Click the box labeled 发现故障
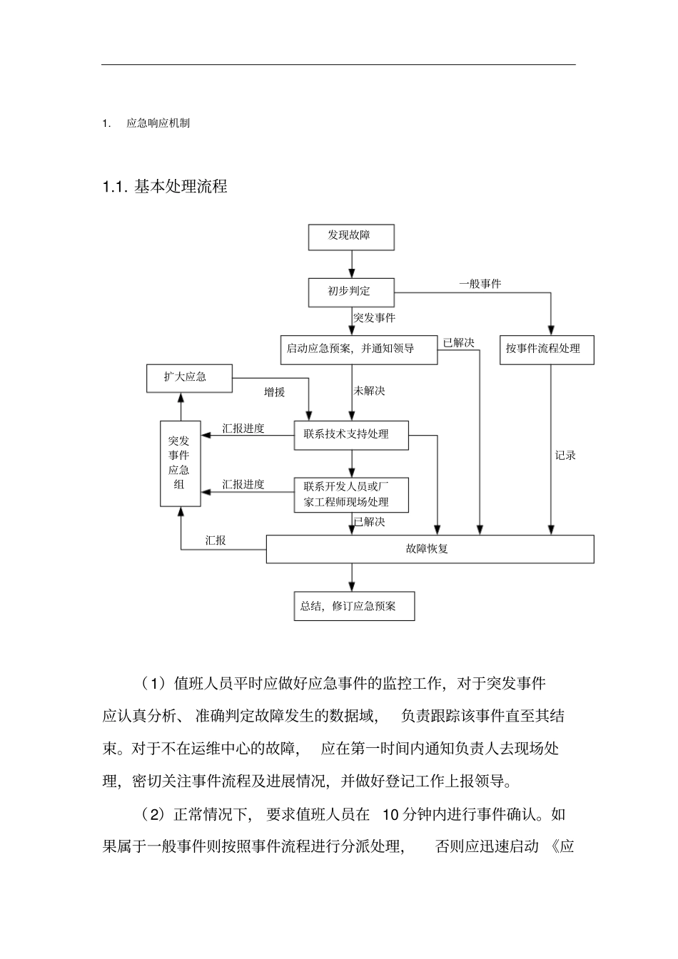pyautogui.click(x=350, y=236)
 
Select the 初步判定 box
pyautogui.click(x=350, y=292)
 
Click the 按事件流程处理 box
pyautogui.click(x=546, y=349)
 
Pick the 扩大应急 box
pyautogui.click(x=188, y=378)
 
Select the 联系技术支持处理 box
pyautogui.click(x=351, y=435)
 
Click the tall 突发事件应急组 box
pyautogui.click(x=180, y=463)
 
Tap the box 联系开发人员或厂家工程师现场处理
pyautogui.click(x=351, y=495)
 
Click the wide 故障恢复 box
pyautogui.click(x=430, y=549)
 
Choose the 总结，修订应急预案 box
pyautogui.click(x=354, y=607)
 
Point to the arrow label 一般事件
pyautogui.click(x=480, y=284)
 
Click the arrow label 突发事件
pyautogui.click(x=375, y=318)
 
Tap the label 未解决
pyautogui.click(x=370, y=391)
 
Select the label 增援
pyautogui.click(x=274, y=391)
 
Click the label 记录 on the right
pyautogui.click(x=565, y=456)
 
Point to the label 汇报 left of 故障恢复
pyautogui.click(x=216, y=540)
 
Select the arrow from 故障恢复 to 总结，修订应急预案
pyautogui.click(x=351, y=578)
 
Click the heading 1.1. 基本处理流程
pyautogui.click(x=165, y=187)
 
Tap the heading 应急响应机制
pyautogui.click(x=158, y=123)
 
